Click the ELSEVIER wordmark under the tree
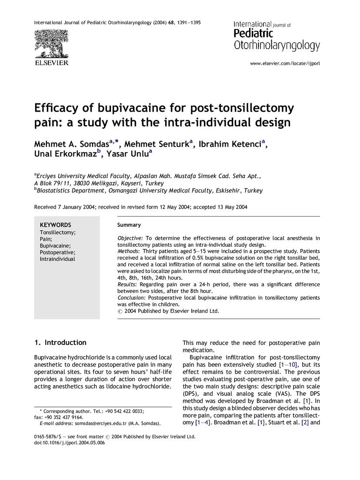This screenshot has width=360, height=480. click(x=51, y=63)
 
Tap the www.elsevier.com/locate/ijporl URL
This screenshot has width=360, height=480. click(x=285, y=63)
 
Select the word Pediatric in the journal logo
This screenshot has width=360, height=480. click(x=253, y=33)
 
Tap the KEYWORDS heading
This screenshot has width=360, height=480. click(x=55, y=225)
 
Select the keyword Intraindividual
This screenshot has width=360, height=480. click(x=57, y=259)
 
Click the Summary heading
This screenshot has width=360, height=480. click(x=129, y=225)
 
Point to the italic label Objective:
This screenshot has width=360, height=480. click(x=130, y=238)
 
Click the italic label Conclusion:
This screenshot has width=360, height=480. click(x=132, y=298)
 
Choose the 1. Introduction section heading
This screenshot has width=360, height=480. click(x=60, y=342)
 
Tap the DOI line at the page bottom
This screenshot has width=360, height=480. click(x=70, y=443)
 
